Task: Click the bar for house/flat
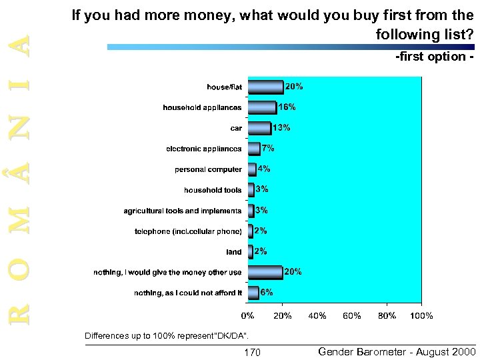[265, 87]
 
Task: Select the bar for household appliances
[261, 107]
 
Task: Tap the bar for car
[259, 128]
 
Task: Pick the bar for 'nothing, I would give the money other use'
[265, 272]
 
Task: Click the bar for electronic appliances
[253, 149]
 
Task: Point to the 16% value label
[287, 107]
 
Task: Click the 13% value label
[281, 127]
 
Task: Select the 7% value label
[267, 148]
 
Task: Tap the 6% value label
[266, 292]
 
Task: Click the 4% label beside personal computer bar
[263, 169]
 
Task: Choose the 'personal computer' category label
[209, 169]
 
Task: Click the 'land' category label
[234, 252]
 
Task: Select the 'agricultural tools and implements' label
[183, 211]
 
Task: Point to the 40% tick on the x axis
[317, 315]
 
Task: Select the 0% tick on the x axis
[247, 315]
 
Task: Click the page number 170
[253, 352]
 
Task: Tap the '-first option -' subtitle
[434, 58]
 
